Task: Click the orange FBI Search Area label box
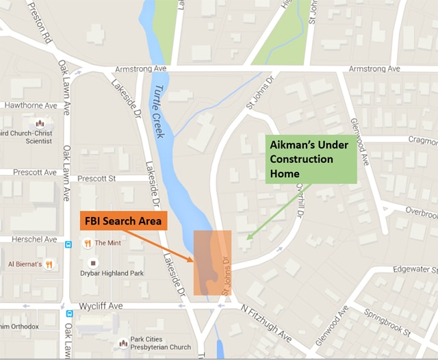(123, 221)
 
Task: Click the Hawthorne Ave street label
(31, 106)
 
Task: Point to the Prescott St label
(98, 179)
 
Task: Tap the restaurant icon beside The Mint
(88, 243)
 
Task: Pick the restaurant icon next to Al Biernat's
(49, 264)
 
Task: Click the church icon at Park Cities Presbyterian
(123, 343)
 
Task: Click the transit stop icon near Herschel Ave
(68, 244)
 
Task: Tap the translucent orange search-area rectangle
(212, 263)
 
